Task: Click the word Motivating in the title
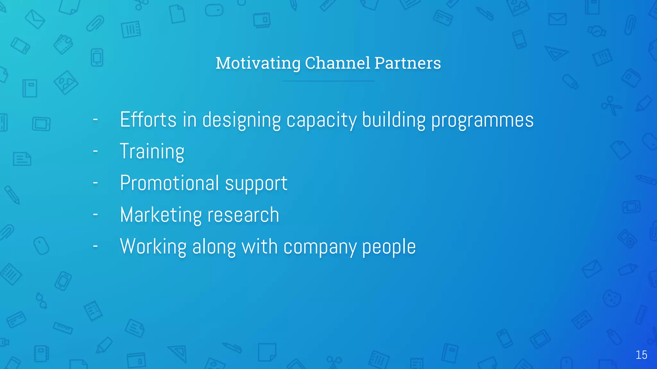(x=258, y=63)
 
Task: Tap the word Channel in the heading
(x=337, y=63)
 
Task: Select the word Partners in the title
(x=407, y=63)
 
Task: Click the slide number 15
(x=641, y=355)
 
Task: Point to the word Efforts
(x=148, y=119)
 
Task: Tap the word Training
(x=152, y=152)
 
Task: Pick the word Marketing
(x=159, y=215)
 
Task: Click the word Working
(x=153, y=247)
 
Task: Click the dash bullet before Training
(x=95, y=151)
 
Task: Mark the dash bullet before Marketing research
(x=95, y=214)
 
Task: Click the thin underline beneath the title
(x=328, y=81)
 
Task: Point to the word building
(x=393, y=120)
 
